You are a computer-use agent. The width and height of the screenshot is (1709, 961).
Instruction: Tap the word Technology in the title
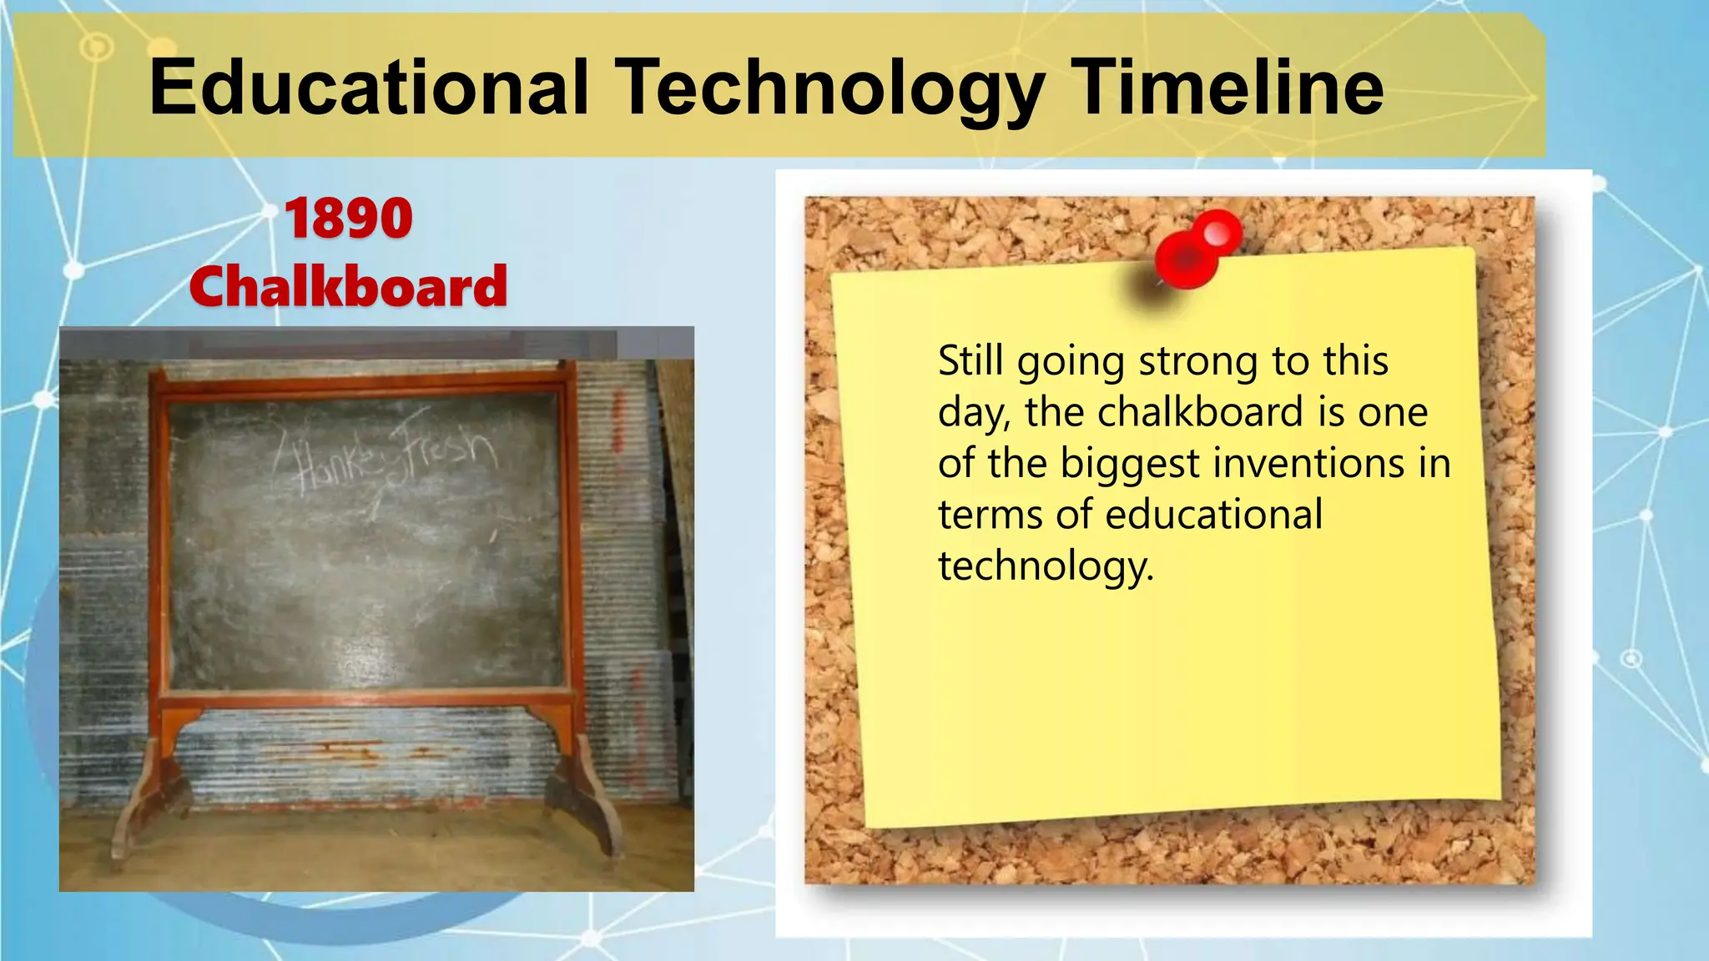[x=829, y=88]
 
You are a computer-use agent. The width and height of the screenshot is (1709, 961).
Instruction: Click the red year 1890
[x=349, y=219]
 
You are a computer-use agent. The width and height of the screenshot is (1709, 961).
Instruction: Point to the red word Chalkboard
[x=348, y=286]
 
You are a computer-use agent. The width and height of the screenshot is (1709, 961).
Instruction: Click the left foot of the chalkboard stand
[x=150, y=801]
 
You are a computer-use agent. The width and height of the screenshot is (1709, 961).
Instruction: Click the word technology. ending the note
[x=1046, y=566]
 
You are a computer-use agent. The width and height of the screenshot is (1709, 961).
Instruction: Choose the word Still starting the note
[x=970, y=360]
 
